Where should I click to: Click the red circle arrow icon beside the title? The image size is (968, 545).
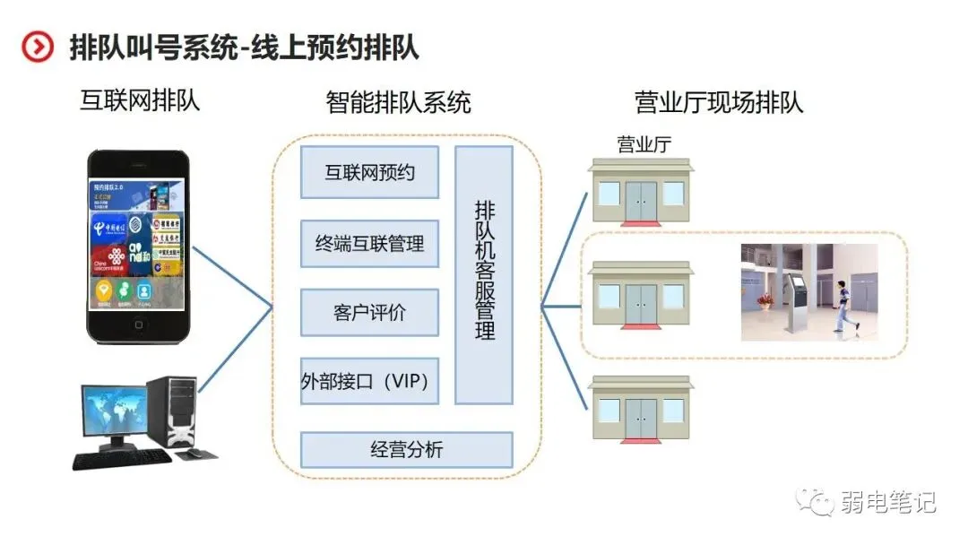click(38, 47)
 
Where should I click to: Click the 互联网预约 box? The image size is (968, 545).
click(369, 172)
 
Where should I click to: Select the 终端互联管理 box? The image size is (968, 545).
click(369, 243)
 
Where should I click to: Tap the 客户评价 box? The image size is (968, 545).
click(369, 312)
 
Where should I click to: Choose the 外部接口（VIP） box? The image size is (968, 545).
click(369, 382)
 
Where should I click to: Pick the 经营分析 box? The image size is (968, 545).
click(406, 450)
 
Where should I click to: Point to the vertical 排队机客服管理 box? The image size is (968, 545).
click(484, 275)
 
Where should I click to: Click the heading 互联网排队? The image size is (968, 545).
click(139, 99)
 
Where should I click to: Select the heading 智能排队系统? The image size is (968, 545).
click(398, 102)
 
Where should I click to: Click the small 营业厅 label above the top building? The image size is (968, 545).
click(644, 144)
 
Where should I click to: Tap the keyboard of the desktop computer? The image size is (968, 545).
click(120, 460)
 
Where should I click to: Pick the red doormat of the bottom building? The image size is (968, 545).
click(640, 440)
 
